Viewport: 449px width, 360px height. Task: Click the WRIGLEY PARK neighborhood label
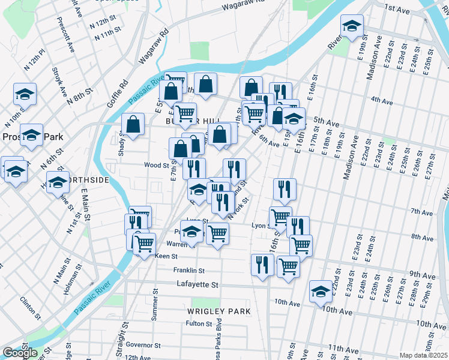point(218,311)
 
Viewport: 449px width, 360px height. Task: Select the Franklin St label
point(189,271)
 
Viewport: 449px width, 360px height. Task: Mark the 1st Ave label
point(397,9)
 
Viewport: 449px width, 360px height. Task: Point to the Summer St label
point(154,304)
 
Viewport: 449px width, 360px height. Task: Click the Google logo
point(20,353)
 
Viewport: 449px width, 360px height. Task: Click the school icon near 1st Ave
point(352,26)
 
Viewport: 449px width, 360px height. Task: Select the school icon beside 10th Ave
point(321,292)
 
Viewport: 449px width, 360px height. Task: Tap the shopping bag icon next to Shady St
point(133,124)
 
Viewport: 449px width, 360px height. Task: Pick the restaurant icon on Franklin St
point(262,265)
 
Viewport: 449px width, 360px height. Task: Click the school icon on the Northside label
point(58,182)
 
